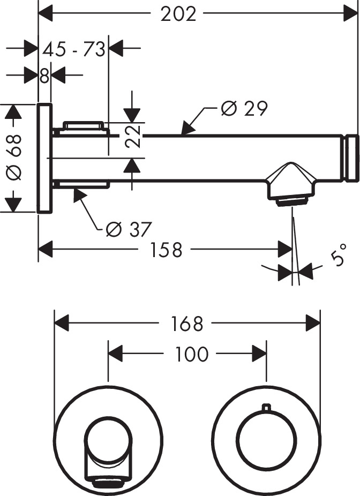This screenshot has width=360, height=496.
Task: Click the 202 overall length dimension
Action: point(179,14)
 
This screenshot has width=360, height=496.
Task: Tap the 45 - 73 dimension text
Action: point(74,50)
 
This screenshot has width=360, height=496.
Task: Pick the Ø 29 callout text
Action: point(244,108)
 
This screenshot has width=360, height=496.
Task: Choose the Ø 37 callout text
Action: point(129,229)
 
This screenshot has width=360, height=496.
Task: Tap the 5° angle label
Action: point(336,258)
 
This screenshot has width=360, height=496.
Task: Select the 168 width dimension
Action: point(188,324)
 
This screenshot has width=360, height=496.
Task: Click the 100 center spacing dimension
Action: point(191,354)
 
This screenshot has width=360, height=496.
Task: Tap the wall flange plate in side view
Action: point(44,158)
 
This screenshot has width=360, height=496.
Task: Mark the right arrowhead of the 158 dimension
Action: point(287,250)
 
